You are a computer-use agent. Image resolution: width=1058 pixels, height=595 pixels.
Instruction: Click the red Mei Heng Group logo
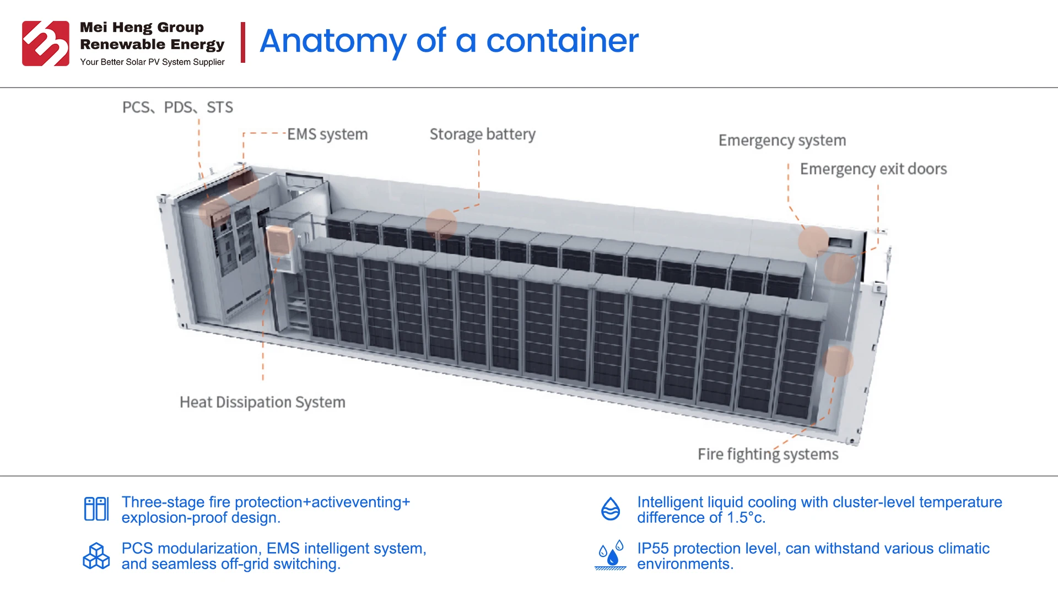click(46, 44)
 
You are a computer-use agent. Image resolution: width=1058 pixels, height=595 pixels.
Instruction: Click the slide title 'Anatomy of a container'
click(449, 41)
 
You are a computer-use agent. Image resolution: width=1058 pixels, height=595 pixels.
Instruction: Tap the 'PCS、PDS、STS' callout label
click(177, 107)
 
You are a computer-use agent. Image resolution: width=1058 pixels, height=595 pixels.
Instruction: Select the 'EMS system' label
click(327, 134)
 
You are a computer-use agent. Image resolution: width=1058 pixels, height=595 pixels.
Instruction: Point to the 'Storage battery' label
click(482, 134)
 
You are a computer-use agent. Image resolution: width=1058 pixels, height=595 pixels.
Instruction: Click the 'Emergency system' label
click(782, 140)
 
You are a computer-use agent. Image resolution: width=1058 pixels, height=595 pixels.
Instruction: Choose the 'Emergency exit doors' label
click(873, 169)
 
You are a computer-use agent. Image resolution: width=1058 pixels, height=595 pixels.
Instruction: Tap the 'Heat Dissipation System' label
click(262, 402)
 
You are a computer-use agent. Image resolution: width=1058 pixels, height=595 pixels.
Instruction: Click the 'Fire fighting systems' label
click(768, 455)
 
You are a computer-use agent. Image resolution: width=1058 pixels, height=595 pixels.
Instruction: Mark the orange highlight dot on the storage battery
click(441, 224)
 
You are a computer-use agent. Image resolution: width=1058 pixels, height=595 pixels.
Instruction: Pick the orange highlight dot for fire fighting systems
click(838, 361)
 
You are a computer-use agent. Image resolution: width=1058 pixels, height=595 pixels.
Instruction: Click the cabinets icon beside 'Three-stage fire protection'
click(96, 509)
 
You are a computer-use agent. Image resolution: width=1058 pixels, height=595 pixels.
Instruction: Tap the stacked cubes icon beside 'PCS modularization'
click(96, 556)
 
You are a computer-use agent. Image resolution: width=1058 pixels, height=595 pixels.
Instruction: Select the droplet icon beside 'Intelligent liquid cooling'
click(611, 509)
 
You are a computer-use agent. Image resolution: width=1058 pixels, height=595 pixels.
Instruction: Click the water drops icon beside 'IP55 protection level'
click(611, 555)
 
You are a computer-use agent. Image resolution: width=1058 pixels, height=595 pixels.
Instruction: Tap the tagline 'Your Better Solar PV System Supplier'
click(152, 62)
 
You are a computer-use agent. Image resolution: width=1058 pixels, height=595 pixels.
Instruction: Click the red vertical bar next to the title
click(243, 42)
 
